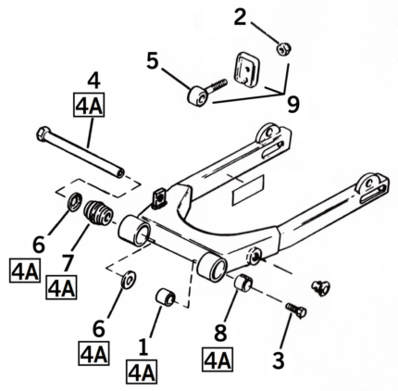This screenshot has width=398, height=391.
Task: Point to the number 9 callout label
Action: coord(292,105)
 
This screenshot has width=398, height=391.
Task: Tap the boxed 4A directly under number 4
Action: coord(93,104)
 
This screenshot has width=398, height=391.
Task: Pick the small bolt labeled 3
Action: coord(296,310)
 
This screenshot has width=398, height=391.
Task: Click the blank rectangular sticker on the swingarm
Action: coord(248,192)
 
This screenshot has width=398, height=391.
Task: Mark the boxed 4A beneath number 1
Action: coord(142,373)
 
